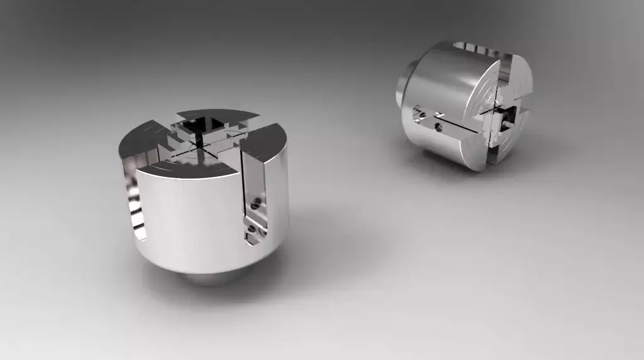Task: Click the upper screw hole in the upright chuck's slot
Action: point(255,204)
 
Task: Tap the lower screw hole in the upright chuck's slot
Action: point(252,228)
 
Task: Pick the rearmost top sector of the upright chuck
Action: point(217,115)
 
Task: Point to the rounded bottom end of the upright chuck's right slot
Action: point(255,240)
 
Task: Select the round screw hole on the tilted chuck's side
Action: point(438,128)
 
